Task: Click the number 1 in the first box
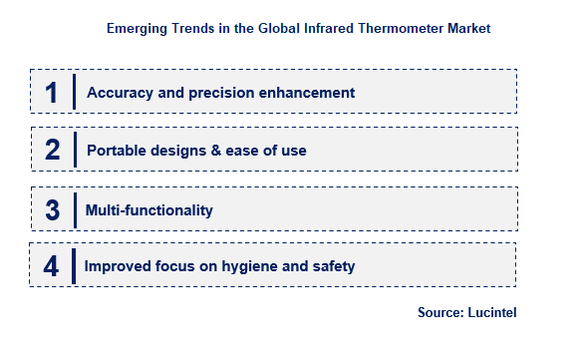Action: pyautogui.click(x=52, y=93)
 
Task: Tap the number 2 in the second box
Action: pyautogui.click(x=53, y=151)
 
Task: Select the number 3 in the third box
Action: pyautogui.click(x=53, y=209)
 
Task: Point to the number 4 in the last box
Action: pyautogui.click(x=52, y=266)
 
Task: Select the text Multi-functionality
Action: pyautogui.click(x=148, y=209)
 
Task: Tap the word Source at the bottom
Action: pyautogui.click(x=438, y=312)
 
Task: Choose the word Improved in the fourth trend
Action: pyautogui.click(x=118, y=266)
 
